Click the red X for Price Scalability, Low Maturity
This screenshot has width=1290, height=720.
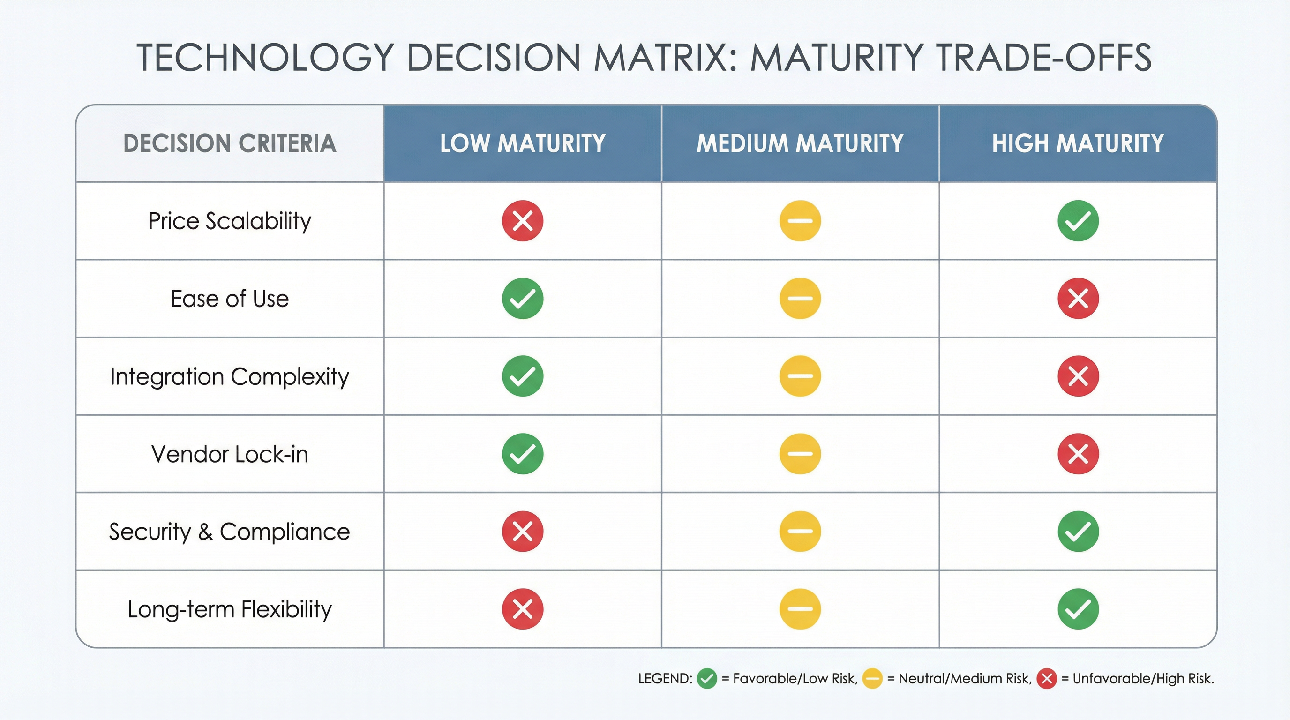pos(522,221)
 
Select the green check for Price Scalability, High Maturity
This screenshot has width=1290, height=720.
pos(1078,221)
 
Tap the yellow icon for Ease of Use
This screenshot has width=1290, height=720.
pos(800,299)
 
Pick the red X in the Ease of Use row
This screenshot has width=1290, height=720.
pos(1078,299)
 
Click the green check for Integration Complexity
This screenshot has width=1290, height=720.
pos(522,376)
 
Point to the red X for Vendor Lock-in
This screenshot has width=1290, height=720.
pos(1078,454)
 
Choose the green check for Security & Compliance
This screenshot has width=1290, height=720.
pos(1078,531)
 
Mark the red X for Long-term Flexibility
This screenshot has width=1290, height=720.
pos(522,609)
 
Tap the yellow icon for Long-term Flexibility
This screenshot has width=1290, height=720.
pos(800,609)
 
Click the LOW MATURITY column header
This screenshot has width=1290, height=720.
pos(522,143)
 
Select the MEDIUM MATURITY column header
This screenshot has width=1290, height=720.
pos(800,143)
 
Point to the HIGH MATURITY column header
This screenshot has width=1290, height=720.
pos(1078,143)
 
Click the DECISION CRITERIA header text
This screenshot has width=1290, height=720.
pos(229,143)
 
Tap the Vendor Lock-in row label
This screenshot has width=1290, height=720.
pos(229,454)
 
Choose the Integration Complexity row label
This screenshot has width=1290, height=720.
pos(229,376)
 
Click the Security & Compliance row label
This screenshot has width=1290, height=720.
pos(229,532)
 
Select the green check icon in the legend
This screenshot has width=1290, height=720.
pos(706,679)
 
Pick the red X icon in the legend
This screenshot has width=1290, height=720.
pos(1046,679)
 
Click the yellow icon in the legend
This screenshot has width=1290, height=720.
pos(872,679)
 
